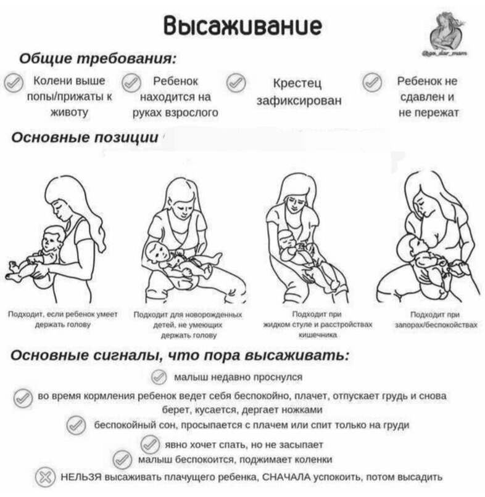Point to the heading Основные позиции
point(85,137)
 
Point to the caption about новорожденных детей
point(188,324)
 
